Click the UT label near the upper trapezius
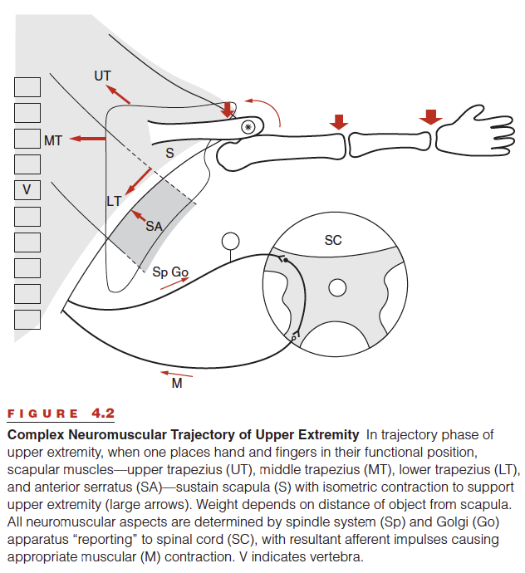click(x=102, y=76)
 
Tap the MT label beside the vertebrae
click(x=53, y=140)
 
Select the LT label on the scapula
click(x=114, y=201)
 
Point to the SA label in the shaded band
click(x=154, y=227)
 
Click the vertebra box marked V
click(x=27, y=190)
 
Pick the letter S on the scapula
click(x=169, y=153)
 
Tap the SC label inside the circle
click(x=333, y=240)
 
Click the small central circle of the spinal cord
click(x=337, y=287)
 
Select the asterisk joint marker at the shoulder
click(x=248, y=127)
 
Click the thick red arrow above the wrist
click(x=430, y=117)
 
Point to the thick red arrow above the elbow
click(x=339, y=122)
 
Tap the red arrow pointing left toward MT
click(x=88, y=139)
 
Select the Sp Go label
click(x=170, y=272)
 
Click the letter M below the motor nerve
click(x=177, y=384)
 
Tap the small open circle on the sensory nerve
click(x=230, y=241)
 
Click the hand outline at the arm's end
click(x=475, y=130)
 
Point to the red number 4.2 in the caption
click(x=104, y=414)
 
